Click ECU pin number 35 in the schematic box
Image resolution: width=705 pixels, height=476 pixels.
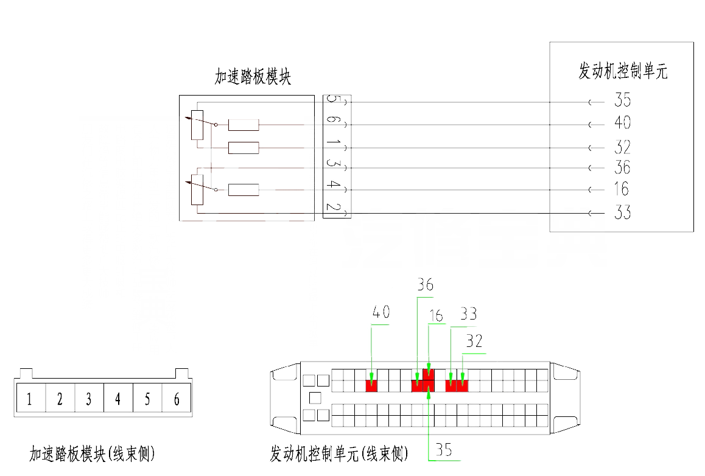[x=622, y=100]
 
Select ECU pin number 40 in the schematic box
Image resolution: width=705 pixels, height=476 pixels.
[x=622, y=124]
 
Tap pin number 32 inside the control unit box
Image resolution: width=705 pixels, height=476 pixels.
[x=622, y=147]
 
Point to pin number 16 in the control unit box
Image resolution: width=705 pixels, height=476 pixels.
[x=621, y=189]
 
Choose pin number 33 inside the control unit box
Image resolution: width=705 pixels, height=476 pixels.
[x=622, y=212]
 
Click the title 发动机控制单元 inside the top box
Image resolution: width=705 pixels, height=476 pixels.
[x=622, y=71]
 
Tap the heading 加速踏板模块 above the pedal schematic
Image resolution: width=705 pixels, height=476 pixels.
[x=253, y=77]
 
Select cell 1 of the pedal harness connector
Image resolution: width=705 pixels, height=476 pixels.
[x=29, y=400]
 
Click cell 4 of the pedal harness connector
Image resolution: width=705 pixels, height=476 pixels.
[x=118, y=400]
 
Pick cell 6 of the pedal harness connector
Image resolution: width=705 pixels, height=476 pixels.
[x=177, y=400]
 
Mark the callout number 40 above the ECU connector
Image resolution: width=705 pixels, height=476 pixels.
[x=381, y=313]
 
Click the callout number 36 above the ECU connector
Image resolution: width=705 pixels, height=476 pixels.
[x=425, y=284]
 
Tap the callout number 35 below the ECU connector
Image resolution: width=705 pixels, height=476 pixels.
[x=443, y=450]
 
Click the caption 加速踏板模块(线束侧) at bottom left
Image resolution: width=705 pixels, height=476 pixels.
[x=93, y=454]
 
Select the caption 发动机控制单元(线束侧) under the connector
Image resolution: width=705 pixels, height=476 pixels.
[x=338, y=454]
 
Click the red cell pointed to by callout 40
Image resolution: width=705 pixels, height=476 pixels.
[x=371, y=386]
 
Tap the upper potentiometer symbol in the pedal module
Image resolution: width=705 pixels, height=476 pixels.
[x=197, y=125]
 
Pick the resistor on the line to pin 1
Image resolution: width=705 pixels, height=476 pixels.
[x=244, y=148]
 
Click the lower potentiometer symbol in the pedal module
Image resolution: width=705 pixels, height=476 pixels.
[x=197, y=190]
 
